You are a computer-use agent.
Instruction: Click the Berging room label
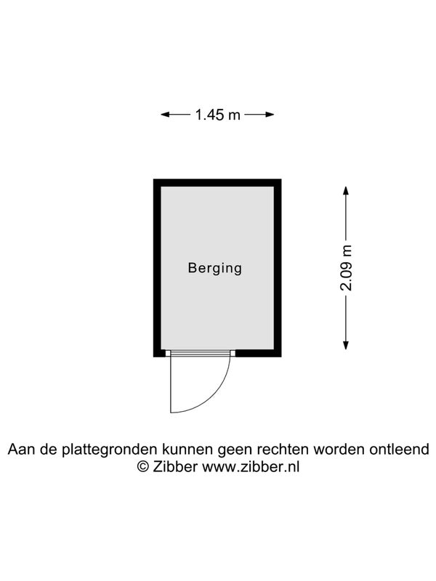215,268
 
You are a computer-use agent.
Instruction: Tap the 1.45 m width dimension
217,115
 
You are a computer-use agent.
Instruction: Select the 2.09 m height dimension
346,267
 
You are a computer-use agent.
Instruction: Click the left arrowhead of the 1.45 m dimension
165,115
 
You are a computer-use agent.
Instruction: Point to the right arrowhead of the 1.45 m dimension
270,115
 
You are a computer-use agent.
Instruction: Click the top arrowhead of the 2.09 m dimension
346,190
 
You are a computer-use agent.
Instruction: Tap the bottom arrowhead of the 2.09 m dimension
346,345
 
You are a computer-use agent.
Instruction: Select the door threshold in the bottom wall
201,353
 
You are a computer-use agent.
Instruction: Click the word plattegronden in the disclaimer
110,450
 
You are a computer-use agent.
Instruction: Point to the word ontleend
399,450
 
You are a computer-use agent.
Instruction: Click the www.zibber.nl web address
250,466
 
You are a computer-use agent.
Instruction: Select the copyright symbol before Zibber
142,466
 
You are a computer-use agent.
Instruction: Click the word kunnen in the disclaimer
187,450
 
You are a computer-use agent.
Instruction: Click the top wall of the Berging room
217,183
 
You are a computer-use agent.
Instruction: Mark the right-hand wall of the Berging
278,268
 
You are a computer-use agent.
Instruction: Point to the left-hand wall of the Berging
157,268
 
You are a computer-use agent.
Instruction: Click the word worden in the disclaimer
339,450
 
